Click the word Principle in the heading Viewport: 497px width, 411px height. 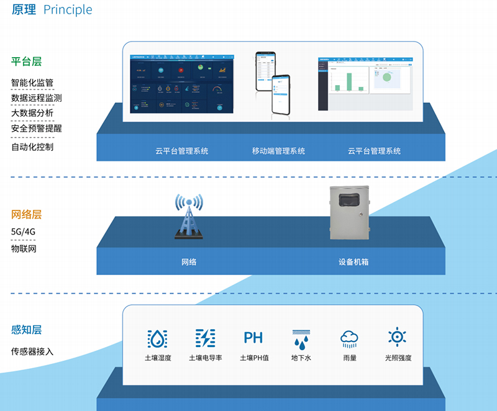coord(68,10)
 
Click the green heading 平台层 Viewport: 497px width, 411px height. coord(26,61)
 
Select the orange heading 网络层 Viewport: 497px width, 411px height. coord(26,215)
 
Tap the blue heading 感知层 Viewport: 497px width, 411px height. coord(26,330)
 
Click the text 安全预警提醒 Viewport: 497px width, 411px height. coord(36,129)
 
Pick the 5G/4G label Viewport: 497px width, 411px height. coord(24,232)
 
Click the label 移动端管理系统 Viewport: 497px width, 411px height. coord(278,151)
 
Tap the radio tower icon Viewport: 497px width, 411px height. coord(188,217)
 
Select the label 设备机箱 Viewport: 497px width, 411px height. coord(353,262)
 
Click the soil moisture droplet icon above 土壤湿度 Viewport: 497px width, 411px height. coord(157,338)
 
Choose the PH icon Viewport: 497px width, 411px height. coord(253,338)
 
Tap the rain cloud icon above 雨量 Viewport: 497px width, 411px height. coord(349,338)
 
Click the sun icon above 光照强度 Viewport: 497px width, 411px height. coord(397,336)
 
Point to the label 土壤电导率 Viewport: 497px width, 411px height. coord(206,358)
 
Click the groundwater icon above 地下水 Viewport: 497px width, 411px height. coord(301,338)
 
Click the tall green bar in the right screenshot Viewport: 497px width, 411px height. coord(350,82)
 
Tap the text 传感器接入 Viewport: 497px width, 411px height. coord(32,351)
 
